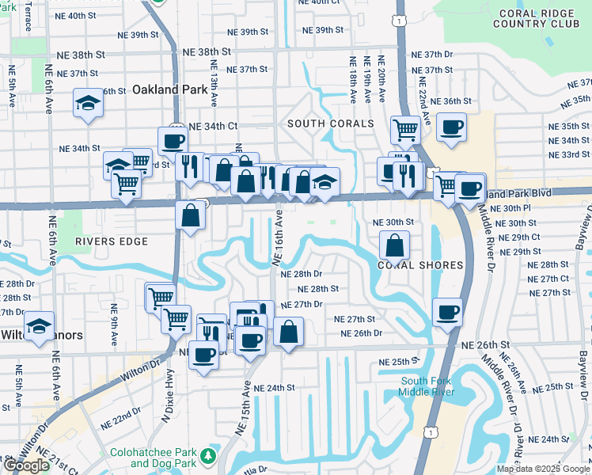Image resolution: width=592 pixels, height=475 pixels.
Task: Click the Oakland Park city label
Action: coord(170,89)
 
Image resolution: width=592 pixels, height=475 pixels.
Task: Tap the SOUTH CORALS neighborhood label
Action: coord(330,123)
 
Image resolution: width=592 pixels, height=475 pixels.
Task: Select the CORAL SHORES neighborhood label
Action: coord(419,265)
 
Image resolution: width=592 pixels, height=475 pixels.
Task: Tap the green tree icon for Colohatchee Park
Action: coord(207,456)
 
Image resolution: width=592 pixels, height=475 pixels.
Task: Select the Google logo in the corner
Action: coord(26,465)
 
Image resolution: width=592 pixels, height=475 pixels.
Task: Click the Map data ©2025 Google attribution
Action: coord(543,469)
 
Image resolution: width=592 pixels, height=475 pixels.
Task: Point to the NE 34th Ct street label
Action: coord(211,126)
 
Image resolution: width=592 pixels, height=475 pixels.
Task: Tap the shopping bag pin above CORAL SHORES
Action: coord(395,246)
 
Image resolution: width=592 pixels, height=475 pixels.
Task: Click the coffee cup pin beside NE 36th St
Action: coord(451,127)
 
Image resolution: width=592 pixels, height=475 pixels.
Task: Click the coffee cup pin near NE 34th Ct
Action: coord(173,142)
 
